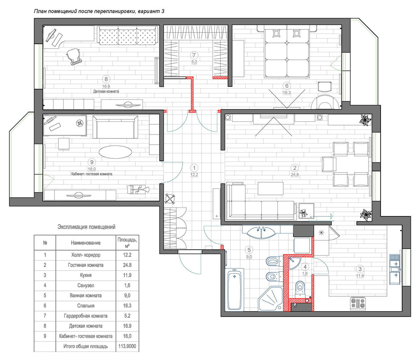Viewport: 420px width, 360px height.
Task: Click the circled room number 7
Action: pyautogui.click(x=194, y=55)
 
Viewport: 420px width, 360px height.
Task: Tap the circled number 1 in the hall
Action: pyautogui.click(x=194, y=168)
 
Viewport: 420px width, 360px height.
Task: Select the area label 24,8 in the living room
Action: pyautogui.click(x=295, y=174)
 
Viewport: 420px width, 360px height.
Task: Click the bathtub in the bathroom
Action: pyautogui.click(x=235, y=289)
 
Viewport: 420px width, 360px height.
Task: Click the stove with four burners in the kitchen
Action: pyautogui.click(x=358, y=304)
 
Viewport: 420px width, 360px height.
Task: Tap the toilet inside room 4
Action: pyautogui.click(x=300, y=289)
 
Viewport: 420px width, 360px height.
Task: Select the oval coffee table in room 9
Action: pyautogui.click(x=115, y=152)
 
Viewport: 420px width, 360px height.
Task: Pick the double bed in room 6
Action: pyautogui.click(x=287, y=51)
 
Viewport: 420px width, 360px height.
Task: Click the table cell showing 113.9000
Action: pyautogui.click(x=127, y=346)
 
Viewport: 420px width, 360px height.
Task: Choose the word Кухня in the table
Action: pyautogui.click(x=86, y=275)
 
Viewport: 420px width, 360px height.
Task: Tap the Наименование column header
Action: pyautogui.click(x=86, y=243)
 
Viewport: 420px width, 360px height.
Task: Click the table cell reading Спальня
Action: pyautogui.click(x=86, y=306)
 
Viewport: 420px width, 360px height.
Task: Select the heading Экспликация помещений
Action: pyautogui.click(x=87, y=227)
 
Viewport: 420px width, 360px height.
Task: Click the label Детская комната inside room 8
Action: pyautogui.click(x=106, y=91)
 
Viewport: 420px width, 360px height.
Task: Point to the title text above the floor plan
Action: pyautogui.click(x=99, y=11)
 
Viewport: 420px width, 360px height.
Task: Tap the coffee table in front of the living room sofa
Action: pyautogui.click(x=271, y=188)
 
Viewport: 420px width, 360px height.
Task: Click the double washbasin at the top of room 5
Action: pyautogui.click(x=261, y=232)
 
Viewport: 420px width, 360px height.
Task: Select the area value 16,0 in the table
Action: pyautogui.click(x=127, y=336)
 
